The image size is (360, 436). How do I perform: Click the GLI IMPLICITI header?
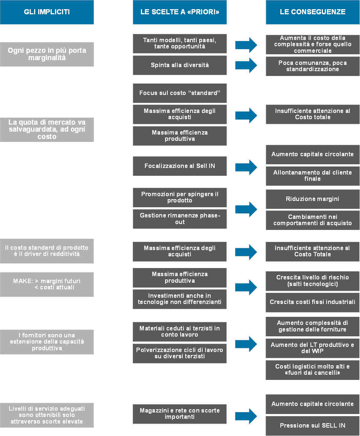[47, 12]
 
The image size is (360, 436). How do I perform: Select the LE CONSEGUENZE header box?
[313, 12]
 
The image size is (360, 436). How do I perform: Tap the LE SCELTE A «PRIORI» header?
[179, 12]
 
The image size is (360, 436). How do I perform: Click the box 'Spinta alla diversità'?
[179, 65]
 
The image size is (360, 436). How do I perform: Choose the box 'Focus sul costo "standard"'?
[179, 93]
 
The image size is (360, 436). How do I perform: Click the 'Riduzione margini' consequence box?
[313, 199]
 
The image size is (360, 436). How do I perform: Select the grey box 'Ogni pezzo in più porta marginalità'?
[47, 54]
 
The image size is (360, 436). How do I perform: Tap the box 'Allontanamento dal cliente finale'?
[313, 176]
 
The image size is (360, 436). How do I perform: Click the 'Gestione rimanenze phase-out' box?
[179, 219]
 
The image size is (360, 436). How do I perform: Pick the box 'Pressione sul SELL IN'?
[313, 426]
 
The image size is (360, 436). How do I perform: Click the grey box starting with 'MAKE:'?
[47, 284]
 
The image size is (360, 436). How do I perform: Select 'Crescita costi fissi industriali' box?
[313, 302]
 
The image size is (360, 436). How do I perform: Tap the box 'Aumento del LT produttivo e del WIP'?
[313, 348]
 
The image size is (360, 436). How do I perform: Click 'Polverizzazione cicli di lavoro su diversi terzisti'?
[179, 353]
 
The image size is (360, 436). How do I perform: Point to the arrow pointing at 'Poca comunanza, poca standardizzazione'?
[246, 65]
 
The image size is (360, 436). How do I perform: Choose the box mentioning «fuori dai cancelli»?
[313, 370]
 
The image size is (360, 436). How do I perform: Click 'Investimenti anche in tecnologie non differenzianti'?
[179, 299]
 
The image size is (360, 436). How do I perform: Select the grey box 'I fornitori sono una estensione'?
[47, 342]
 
